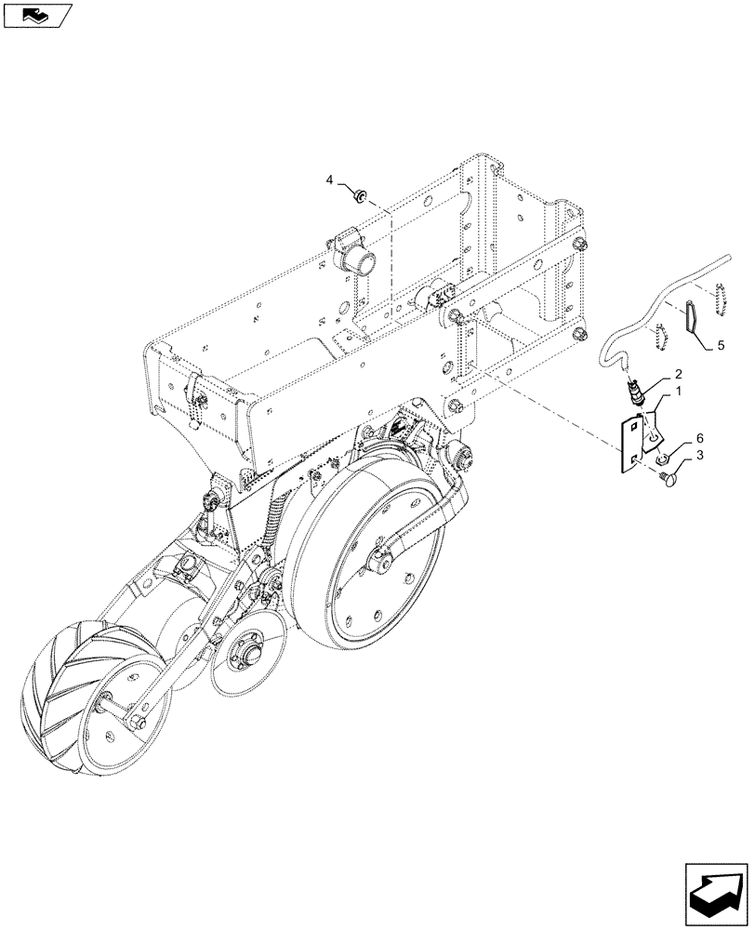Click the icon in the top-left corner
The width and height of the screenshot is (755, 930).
(38, 14)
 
